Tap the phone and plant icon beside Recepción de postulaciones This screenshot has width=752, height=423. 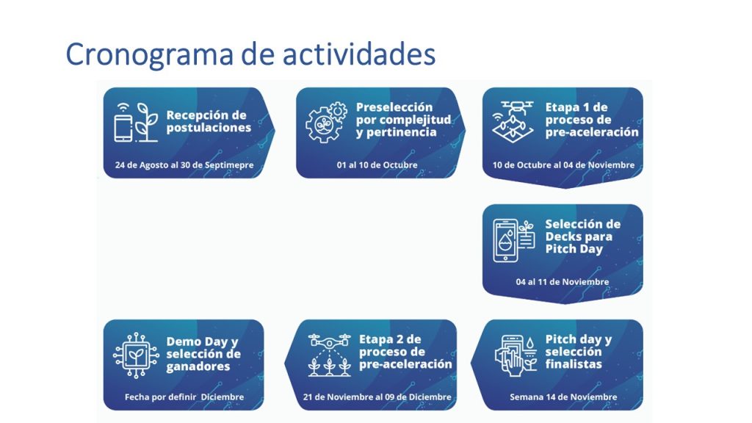click(x=136, y=123)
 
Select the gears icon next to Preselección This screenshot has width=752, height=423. click(x=326, y=123)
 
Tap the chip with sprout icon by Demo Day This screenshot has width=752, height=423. click(x=136, y=355)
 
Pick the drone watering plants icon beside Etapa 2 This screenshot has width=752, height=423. click(x=330, y=355)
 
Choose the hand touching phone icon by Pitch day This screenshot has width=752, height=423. click(x=516, y=355)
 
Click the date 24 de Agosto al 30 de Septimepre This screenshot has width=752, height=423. click(x=184, y=165)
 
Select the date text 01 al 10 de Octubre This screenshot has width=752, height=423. click(x=377, y=165)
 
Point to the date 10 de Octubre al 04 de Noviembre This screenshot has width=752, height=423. click(x=563, y=165)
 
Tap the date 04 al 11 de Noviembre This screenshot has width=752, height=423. click(x=563, y=282)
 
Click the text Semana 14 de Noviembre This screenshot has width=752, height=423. click(x=563, y=397)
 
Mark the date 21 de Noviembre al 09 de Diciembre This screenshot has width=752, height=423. click(x=377, y=397)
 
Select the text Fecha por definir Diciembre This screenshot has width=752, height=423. click(x=184, y=397)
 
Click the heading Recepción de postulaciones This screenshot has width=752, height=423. click(x=209, y=121)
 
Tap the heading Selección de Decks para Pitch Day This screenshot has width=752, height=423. click(x=582, y=236)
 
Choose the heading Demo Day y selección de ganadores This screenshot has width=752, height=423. click(x=203, y=354)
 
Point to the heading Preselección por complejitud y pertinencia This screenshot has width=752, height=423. click(x=403, y=120)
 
